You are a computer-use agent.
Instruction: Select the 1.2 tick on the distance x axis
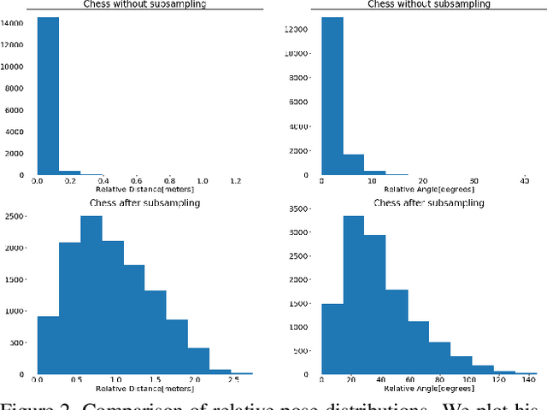235,181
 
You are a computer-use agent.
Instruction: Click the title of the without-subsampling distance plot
143,4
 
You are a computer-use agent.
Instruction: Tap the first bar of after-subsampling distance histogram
48,345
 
